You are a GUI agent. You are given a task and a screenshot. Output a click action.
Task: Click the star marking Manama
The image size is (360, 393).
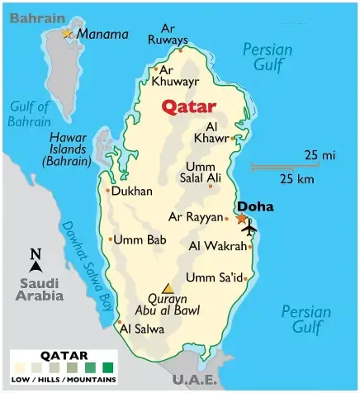[67, 33]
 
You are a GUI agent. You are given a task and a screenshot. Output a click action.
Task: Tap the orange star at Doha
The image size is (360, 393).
[241, 219]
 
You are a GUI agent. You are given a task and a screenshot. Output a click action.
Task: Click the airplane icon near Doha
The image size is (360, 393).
[248, 229]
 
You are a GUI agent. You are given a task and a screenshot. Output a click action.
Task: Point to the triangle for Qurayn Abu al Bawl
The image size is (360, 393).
[168, 288]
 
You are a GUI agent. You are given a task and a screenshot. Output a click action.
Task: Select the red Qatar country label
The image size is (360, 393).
[187, 106]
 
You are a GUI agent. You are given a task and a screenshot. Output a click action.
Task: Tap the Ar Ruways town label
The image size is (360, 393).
[168, 34]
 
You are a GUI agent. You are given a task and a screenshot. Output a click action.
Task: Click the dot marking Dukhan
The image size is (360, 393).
[107, 191]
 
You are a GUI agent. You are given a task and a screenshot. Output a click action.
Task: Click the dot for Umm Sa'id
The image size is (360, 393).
[245, 278]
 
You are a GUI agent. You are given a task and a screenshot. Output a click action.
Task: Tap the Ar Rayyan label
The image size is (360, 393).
[196, 217]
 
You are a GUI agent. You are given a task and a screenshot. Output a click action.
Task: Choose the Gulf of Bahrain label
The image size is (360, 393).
[31, 113]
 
